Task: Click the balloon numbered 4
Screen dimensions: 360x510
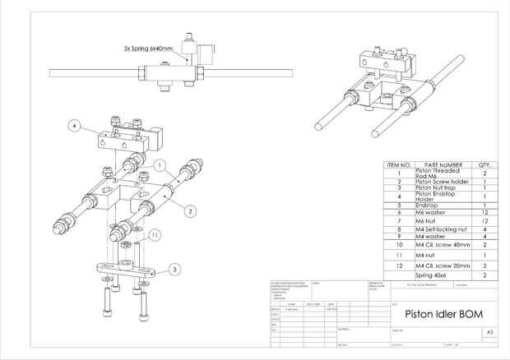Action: pyautogui.click(x=74, y=126)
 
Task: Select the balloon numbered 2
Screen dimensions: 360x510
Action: pyautogui.click(x=190, y=211)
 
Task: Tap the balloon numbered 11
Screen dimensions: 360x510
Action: pyautogui.click(x=154, y=235)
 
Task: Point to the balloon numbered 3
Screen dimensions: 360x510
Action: pyautogui.click(x=174, y=269)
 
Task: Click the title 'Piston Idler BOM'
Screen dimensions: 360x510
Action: pyautogui.click(x=441, y=316)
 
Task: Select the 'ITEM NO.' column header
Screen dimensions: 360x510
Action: pyautogui.click(x=398, y=165)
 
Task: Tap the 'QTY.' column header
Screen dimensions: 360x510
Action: pyautogui.click(x=484, y=165)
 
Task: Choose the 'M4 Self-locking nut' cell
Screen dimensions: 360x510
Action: pyautogui.click(x=443, y=228)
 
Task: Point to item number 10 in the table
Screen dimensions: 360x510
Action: pyautogui.click(x=398, y=245)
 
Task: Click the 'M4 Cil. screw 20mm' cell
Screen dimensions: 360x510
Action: pyautogui.click(x=443, y=267)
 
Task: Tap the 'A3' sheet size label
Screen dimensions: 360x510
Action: pyautogui.click(x=490, y=334)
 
